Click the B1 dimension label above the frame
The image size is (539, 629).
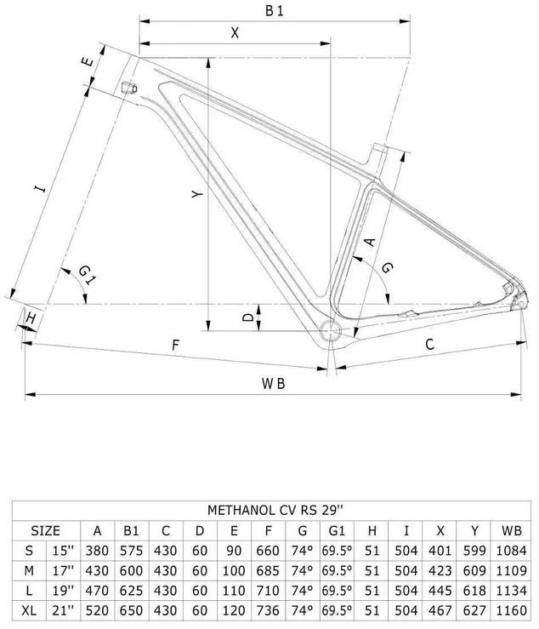pyautogui.click(x=275, y=11)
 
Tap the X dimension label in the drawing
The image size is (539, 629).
pyautogui.click(x=235, y=33)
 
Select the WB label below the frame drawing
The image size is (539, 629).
pyautogui.click(x=273, y=384)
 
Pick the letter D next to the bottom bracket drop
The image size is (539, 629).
pyautogui.click(x=249, y=317)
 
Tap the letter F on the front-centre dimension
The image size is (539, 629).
pyautogui.click(x=175, y=345)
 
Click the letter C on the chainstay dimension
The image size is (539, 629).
pyautogui.click(x=429, y=344)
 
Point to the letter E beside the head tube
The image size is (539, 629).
pyautogui.click(x=88, y=62)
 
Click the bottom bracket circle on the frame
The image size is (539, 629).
pyautogui.click(x=331, y=331)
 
